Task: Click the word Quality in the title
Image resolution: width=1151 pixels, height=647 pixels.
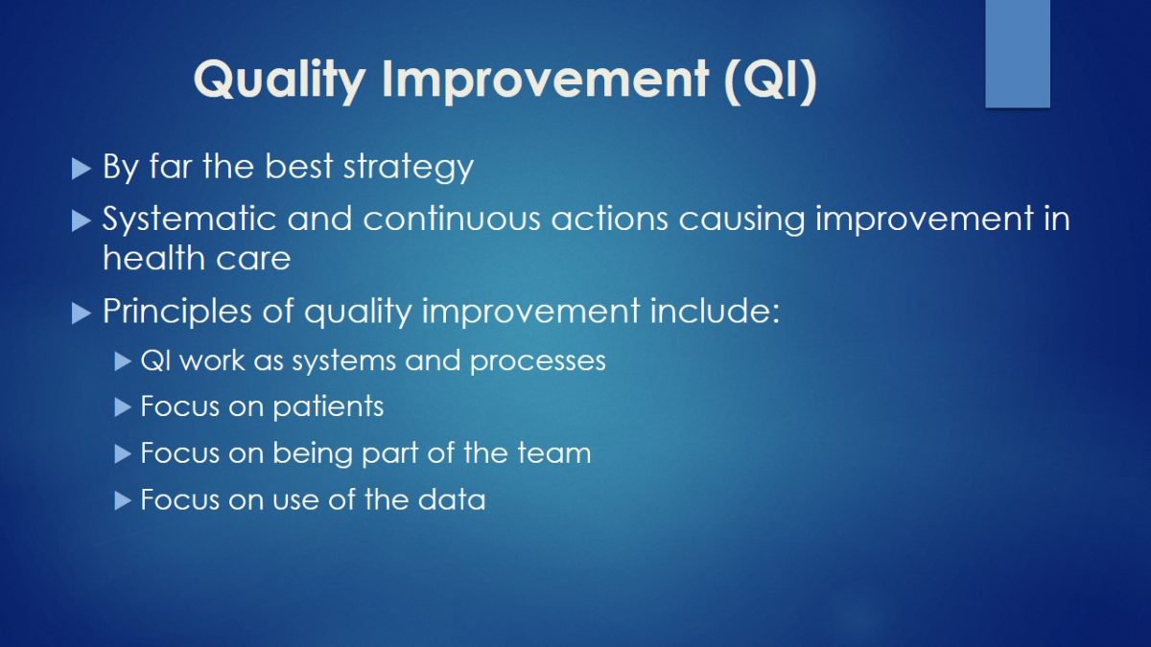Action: (x=279, y=80)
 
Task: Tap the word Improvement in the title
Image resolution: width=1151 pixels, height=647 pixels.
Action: (x=546, y=81)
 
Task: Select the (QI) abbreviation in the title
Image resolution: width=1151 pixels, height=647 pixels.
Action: (x=770, y=79)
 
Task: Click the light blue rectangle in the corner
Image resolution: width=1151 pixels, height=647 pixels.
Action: (x=1018, y=54)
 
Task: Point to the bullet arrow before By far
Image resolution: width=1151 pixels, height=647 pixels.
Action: (x=82, y=169)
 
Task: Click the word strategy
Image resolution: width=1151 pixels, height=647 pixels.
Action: (x=408, y=168)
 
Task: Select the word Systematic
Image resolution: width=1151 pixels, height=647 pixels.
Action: (x=189, y=220)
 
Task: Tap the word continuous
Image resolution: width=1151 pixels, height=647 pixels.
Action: (x=452, y=219)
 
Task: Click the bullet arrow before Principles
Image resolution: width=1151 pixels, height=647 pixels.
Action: (x=82, y=313)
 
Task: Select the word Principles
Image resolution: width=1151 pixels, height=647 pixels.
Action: (x=177, y=312)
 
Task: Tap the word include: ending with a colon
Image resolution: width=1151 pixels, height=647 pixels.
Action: (x=715, y=311)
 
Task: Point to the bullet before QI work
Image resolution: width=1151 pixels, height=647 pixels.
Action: (x=123, y=361)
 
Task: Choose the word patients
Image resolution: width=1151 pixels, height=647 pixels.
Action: (x=328, y=407)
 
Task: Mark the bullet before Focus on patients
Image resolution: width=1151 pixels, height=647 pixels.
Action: (x=123, y=407)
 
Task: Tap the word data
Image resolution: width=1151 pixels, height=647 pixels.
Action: (x=451, y=499)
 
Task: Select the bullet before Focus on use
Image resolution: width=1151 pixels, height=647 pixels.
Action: (x=123, y=500)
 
